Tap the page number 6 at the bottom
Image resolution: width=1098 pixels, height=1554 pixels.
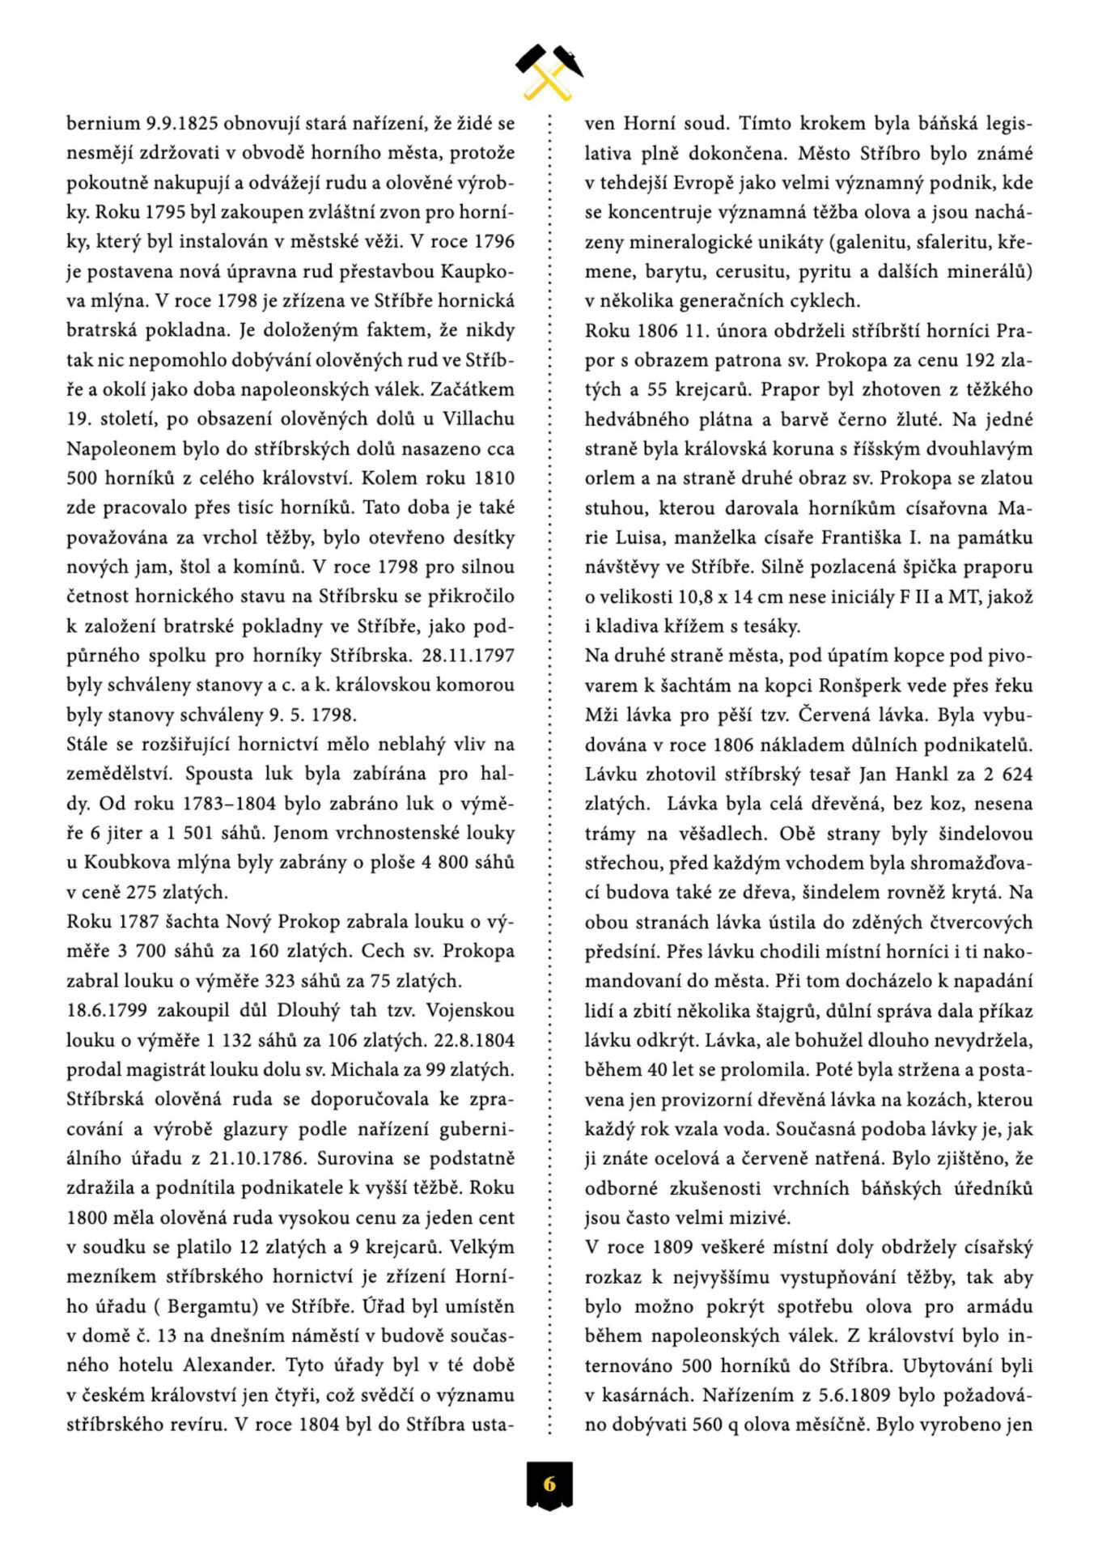549,1484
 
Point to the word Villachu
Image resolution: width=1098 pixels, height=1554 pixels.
477,419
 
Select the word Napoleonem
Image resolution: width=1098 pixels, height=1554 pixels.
112,449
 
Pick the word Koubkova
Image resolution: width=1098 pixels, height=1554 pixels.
120,863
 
